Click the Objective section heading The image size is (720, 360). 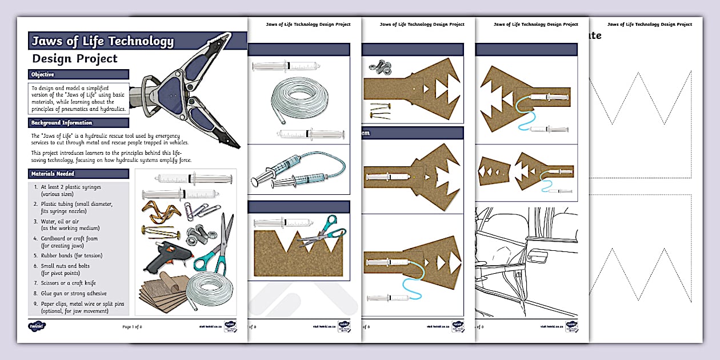tap(43, 74)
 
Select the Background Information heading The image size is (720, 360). tap(62, 123)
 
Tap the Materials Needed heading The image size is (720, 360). tap(53, 174)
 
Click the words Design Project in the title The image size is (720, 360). tap(75, 58)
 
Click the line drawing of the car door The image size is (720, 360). tap(526, 263)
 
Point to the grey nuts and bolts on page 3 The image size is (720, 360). tap(379, 68)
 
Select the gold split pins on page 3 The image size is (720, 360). tap(378, 110)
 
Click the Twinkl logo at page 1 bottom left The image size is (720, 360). tap(37, 326)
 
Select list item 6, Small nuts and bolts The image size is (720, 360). tap(65, 269)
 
